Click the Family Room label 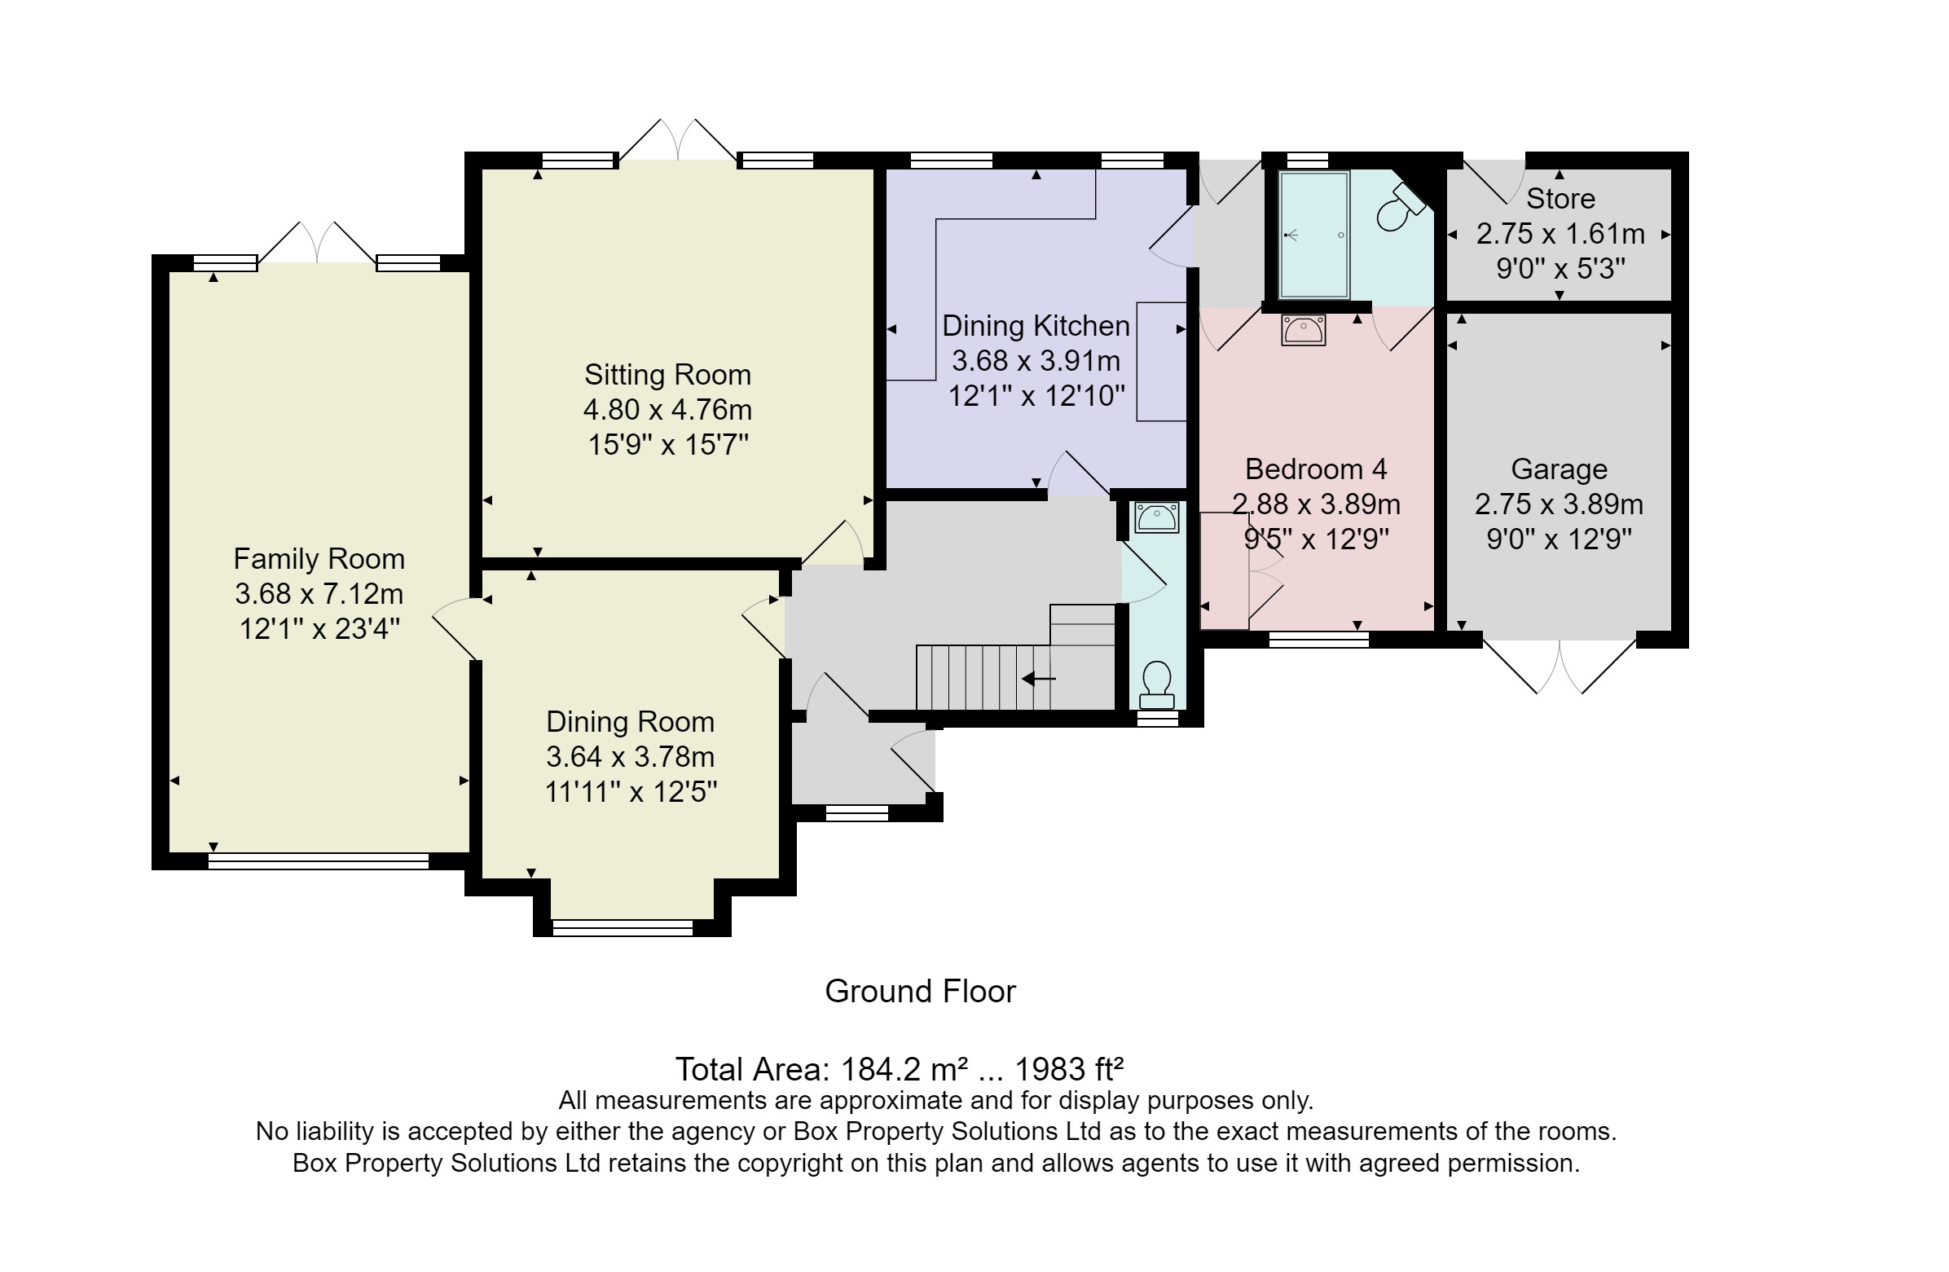(x=319, y=559)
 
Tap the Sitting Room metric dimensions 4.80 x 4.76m (x=667, y=410)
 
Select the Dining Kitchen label (x=1035, y=326)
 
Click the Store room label (x=1560, y=198)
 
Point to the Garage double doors (x=1560, y=667)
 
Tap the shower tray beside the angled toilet (x=1313, y=235)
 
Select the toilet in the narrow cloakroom (x=1156, y=684)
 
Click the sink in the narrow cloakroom (x=1156, y=517)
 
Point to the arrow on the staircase (x=1038, y=678)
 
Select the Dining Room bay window (x=623, y=927)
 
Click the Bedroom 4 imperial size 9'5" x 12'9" (x=1316, y=539)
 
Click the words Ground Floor (x=920, y=992)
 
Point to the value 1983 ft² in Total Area (x=1069, y=1070)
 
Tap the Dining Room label (x=630, y=722)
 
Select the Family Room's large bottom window (x=319, y=860)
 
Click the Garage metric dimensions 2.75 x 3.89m (x=1559, y=504)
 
